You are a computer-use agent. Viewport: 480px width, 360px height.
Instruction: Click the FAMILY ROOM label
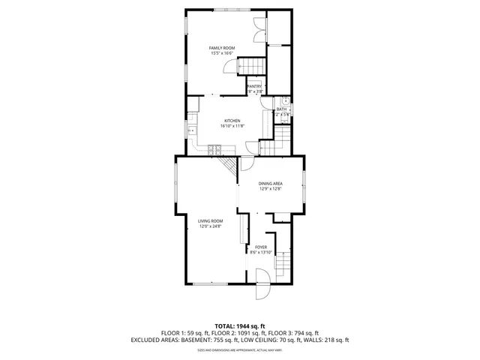pyautogui.click(x=221, y=48)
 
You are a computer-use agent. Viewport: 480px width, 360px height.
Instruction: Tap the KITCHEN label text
pyautogui.click(x=232, y=121)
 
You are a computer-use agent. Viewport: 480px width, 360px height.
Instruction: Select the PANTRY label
pyautogui.click(x=254, y=87)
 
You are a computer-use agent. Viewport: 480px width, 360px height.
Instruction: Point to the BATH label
pyautogui.click(x=281, y=109)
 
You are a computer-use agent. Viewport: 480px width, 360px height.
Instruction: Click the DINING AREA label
pyautogui.click(x=270, y=184)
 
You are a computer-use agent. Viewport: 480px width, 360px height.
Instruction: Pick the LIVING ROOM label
pyautogui.click(x=211, y=220)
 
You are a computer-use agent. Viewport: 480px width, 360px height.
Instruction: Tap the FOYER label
pyautogui.click(x=261, y=247)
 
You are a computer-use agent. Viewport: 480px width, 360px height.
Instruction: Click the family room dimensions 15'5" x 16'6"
pyautogui.click(x=221, y=53)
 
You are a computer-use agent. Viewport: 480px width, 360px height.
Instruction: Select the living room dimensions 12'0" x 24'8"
pyautogui.click(x=211, y=226)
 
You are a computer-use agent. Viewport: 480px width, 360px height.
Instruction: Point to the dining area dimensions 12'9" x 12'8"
pyautogui.click(x=270, y=189)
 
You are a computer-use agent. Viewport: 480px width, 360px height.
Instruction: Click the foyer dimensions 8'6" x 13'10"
pyautogui.click(x=261, y=252)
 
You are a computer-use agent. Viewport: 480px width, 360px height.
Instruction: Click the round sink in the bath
pyautogui.click(x=286, y=102)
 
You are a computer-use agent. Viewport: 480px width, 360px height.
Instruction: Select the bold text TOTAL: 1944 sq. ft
pyautogui.click(x=239, y=325)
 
